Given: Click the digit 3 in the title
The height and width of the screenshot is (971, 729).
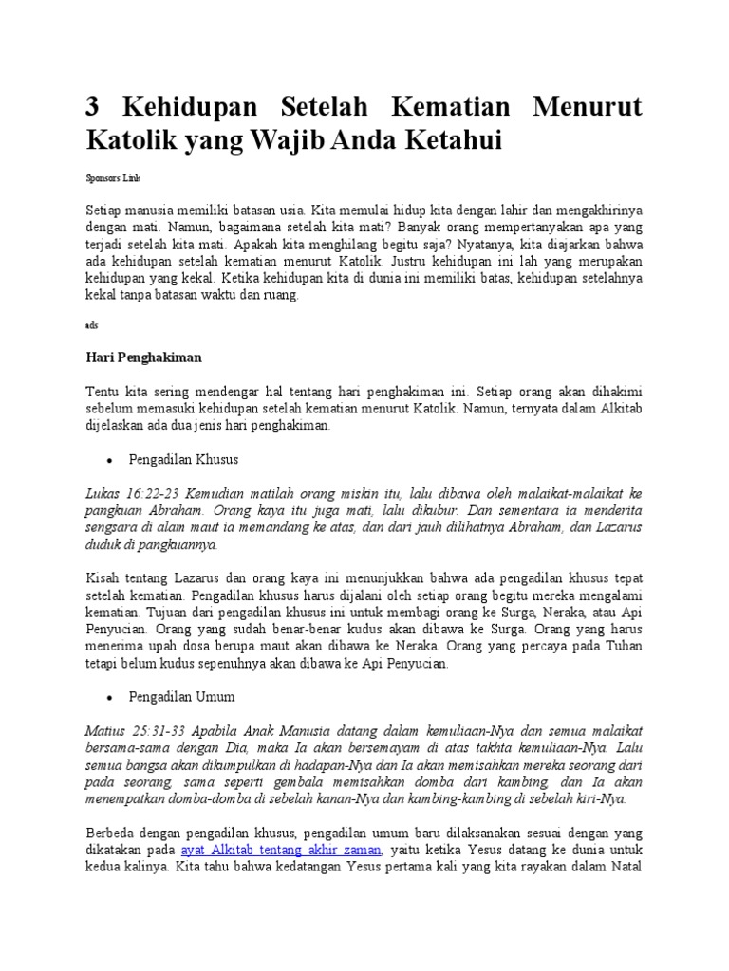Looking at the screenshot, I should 94,107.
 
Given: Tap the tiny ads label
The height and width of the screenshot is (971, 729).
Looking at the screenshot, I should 91,324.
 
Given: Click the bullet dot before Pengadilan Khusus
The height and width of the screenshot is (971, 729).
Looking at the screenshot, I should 110,460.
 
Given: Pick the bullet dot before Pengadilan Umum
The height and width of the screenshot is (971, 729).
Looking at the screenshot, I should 110,697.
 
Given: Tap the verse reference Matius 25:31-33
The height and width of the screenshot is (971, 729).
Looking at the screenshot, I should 135,730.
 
